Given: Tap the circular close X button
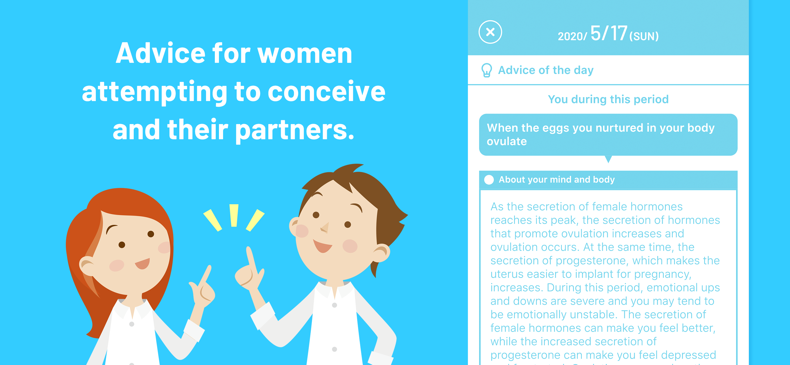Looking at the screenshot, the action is coord(490,32).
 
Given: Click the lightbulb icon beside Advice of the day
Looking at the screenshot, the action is coord(487,70).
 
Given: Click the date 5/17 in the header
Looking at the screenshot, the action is coord(608,33).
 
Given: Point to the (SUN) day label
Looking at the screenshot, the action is coord(644,36).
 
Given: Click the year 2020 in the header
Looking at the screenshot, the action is coord(570,36).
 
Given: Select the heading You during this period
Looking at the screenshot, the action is coord(608,99).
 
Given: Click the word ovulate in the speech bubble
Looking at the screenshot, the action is coord(507,141).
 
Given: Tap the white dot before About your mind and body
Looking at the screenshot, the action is coord(489,180).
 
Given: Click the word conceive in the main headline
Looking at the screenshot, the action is coord(326,92).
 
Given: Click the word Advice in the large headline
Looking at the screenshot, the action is coord(160,53).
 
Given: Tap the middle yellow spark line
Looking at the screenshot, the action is coord(234,215).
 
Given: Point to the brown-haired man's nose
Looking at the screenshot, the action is coord(325,228).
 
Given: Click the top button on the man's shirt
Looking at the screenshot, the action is coord(334,305).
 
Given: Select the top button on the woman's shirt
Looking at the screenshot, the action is coord(132,324).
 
